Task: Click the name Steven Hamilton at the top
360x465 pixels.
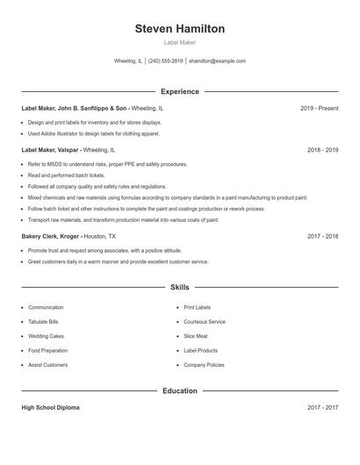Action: click(180, 29)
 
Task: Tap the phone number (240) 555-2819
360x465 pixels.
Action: click(165, 61)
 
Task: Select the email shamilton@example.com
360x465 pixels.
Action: click(218, 61)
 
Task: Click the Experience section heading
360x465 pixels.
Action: click(180, 91)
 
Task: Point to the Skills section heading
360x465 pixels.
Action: click(180, 287)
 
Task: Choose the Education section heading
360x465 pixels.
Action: click(180, 390)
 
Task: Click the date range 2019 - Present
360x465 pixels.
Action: click(319, 108)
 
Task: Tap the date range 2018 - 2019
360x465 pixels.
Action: click(322, 150)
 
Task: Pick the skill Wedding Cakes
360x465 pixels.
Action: click(46, 336)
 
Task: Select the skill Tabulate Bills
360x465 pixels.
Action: click(43, 322)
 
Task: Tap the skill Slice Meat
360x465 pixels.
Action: click(196, 336)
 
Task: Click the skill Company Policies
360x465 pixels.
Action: click(204, 364)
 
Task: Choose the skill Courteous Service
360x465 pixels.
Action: click(205, 322)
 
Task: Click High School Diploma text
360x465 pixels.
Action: click(51, 408)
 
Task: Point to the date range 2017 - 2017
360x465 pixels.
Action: click(322, 408)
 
